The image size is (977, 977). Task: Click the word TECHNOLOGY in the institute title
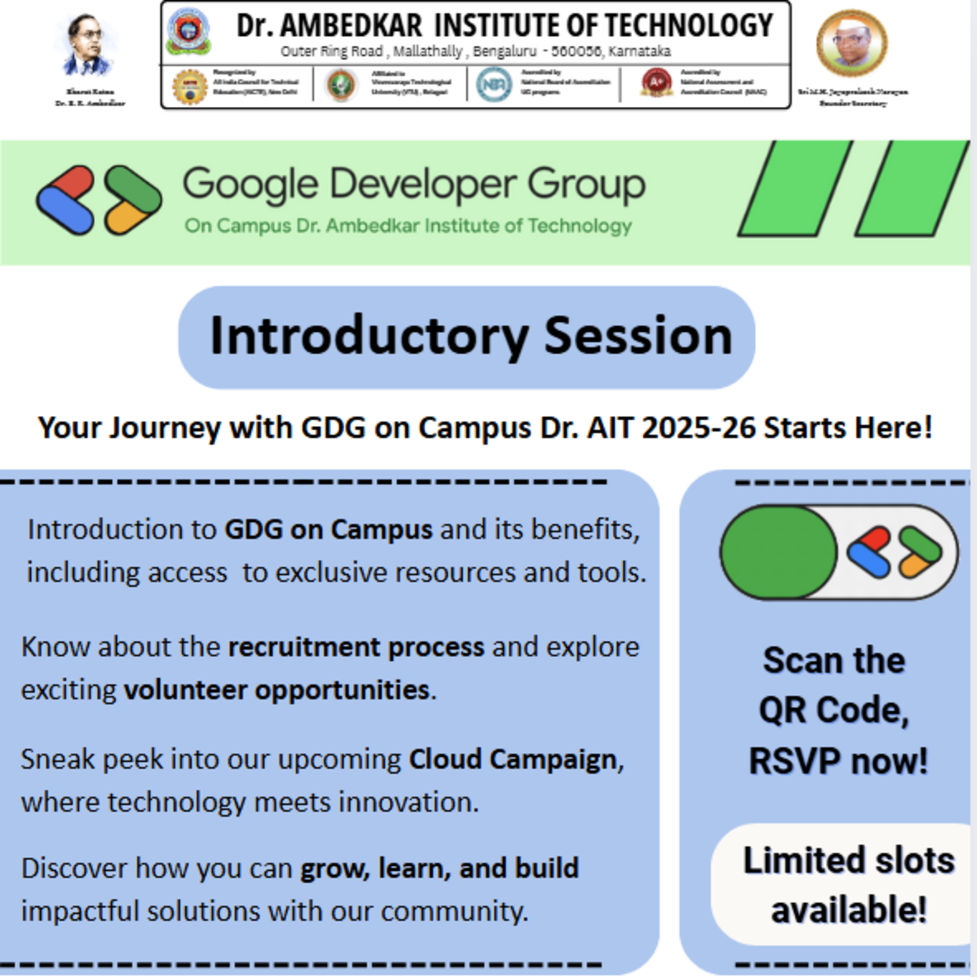[689, 25]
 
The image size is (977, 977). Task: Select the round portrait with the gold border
[852, 43]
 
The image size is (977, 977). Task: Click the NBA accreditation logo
[494, 85]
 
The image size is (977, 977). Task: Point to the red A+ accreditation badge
[656, 82]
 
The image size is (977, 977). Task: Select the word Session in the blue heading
[638, 336]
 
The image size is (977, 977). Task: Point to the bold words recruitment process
[356, 647]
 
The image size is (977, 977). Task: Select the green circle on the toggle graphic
[778, 552]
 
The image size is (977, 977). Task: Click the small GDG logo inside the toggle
[894, 552]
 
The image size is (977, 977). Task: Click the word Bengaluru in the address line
[504, 52]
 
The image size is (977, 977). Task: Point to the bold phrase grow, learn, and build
[439, 868]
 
